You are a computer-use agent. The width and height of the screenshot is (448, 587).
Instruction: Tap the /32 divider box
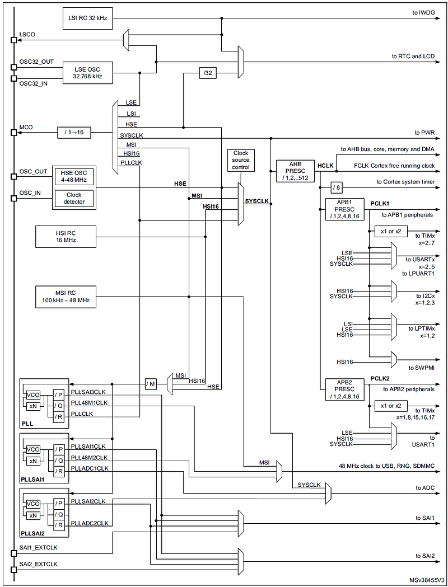point(208,73)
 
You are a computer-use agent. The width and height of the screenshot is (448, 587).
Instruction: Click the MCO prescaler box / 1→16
point(74,133)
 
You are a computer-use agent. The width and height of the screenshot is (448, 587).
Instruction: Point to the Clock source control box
point(240,161)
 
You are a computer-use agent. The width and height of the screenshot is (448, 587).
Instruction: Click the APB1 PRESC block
point(343,209)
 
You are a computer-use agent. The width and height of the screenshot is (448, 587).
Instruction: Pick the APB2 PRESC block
point(343,389)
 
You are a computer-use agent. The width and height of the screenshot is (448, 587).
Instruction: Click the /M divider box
point(151,384)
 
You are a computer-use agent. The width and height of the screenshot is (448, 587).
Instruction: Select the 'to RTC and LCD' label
point(414,57)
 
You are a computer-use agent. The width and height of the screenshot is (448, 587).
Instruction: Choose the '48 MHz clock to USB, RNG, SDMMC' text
point(386,466)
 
